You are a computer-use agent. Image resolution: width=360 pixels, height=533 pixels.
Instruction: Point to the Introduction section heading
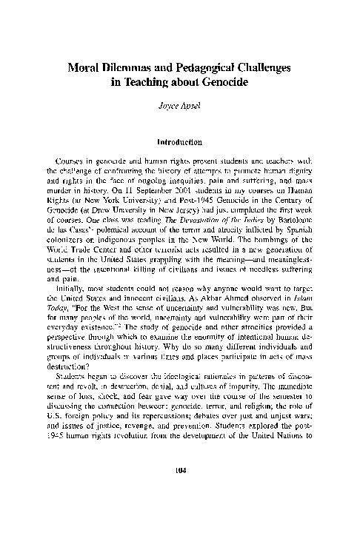180,141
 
